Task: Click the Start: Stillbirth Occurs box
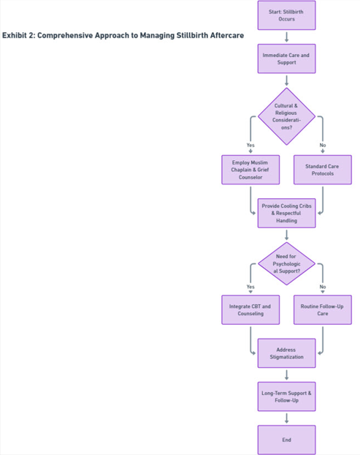click(286, 15)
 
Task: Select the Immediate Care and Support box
click(286, 59)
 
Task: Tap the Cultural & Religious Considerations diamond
click(286, 116)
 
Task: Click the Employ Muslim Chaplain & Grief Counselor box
click(250, 170)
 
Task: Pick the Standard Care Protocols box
click(323, 170)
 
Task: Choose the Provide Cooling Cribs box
click(286, 213)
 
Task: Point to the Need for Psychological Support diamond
click(286, 264)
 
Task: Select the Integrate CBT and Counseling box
click(250, 309)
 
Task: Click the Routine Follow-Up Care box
click(323, 309)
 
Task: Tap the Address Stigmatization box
click(286, 353)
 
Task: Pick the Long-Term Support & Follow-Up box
click(286, 396)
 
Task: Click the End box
click(286, 440)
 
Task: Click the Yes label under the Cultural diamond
click(250, 145)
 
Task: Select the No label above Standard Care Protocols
click(323, 145)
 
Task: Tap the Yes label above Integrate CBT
click(250, 287)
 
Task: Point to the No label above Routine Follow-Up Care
click(323, 287)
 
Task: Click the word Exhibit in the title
click(14, 35)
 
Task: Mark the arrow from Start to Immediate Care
click(286, 37)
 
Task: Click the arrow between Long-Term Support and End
click(286, 418)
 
